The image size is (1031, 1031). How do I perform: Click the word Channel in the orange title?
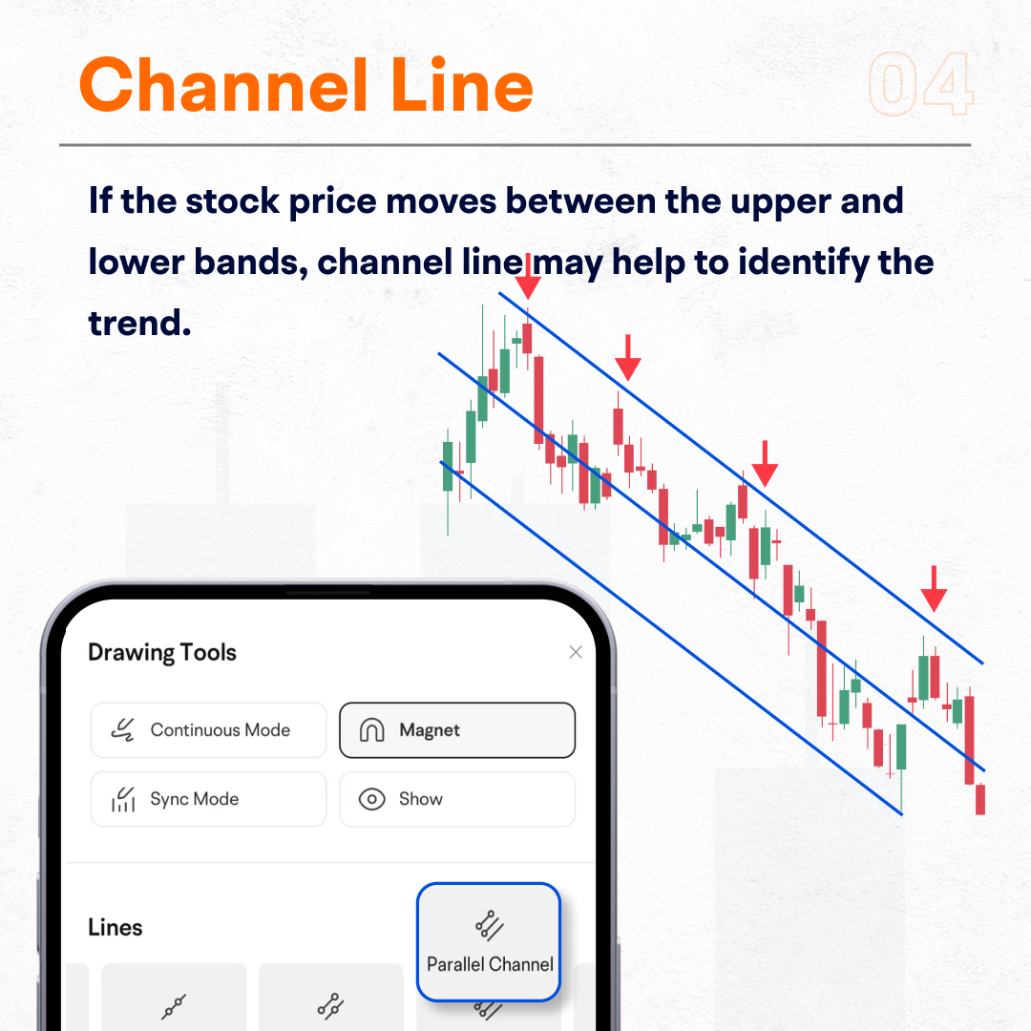pyautogui.click(x=223, y=85)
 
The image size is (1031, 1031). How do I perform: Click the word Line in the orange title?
pyautogui.click(x=462, y=85)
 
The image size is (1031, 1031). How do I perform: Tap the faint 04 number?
pyautogui.click(x=920, y=84)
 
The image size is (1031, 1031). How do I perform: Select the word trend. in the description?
pyautogui.click(x=140, y=323)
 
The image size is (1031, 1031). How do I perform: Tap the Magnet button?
pyautogui.click(x=457, y=730)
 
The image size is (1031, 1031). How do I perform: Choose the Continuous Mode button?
pyautogui.click(x=208, y=730)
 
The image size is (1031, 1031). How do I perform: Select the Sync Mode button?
pyautogui.click(x=208, y=799)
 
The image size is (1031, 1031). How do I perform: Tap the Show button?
pyautogui.click(x=457, y=799)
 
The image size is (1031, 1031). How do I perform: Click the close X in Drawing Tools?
pyautogui.click(x=576, y=652)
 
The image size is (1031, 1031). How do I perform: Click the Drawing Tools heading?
pyautogui.click(x=161, y=652)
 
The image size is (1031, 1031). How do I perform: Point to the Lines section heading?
pyautogui.click(x=116, y=927)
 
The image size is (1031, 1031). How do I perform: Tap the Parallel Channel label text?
pyautogui.click(x=490, y=964)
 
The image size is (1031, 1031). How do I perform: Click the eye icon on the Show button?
pyautogui.click(x=371, y=799)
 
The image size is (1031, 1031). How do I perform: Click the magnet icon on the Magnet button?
pyautogui.click(x=371, y=730)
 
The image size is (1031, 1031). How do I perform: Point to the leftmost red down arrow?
pyautogui.click(x=528, y=276)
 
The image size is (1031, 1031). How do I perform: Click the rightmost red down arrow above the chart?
pyautogui.click(x=934, y=589)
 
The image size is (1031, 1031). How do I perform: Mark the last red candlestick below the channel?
pyautogui.click(x=980, y=799)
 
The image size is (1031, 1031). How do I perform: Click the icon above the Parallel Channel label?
pyautogui.click(x=489, y=925)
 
